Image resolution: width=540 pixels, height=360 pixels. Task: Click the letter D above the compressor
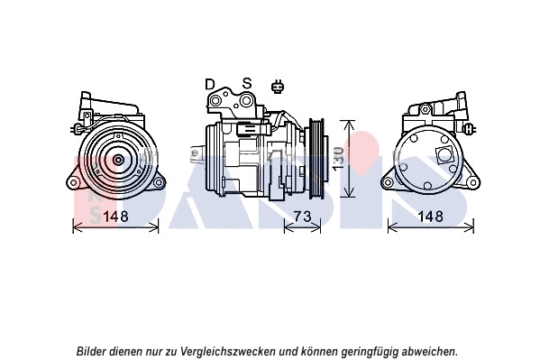tap(210, 85)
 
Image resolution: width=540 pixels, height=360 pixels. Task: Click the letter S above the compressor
tap(245, 85)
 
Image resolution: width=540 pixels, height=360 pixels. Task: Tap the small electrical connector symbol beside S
tap(278, 88)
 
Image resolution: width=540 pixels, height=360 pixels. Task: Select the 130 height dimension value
tap(338, 158)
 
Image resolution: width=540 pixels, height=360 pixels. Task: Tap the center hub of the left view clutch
tap(117, 160)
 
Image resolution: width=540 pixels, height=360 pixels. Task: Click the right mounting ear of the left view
tap(159, 183)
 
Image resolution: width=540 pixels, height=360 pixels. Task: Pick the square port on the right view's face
tap(444, 154)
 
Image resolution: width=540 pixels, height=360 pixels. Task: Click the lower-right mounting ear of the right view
tap(471, 183)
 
